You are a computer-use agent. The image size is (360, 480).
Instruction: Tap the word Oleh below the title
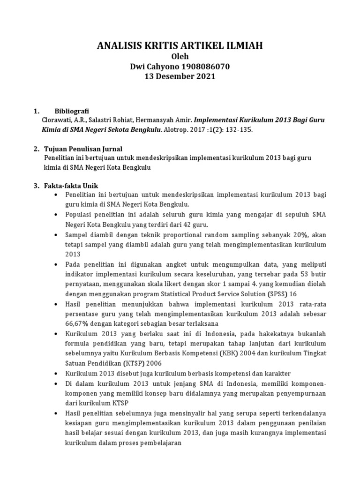click(180, 57)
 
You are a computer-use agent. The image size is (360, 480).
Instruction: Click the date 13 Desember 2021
click(180, 76)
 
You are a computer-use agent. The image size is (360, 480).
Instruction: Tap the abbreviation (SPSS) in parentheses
click(276, 294)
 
